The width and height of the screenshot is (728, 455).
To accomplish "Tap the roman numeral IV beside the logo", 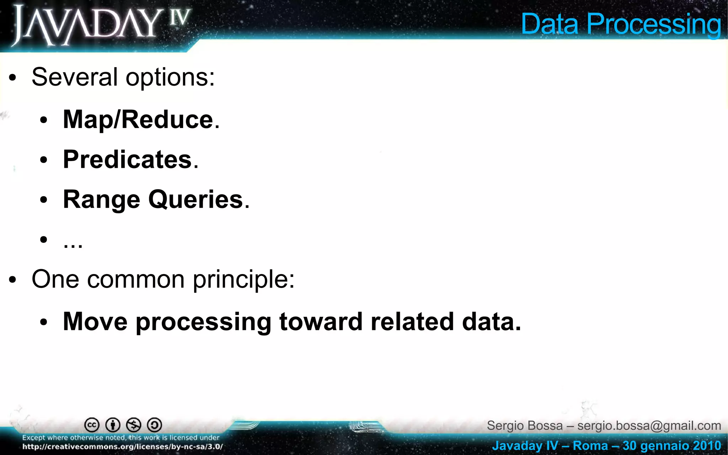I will point(180,18).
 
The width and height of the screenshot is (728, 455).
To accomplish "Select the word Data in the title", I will point(550,24).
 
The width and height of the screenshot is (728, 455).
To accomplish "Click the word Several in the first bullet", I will point(75,77).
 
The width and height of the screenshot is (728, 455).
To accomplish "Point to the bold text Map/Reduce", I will point(138,119).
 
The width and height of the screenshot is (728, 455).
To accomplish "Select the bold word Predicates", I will point(127,159).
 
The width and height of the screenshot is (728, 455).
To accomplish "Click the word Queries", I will point(196,200).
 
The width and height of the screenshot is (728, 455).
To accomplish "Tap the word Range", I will point(102,200).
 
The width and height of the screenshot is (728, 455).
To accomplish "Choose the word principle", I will point(243,279).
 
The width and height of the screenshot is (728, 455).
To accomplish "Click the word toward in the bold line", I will point(321,321).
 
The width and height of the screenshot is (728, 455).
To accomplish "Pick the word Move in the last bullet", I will point(95,321).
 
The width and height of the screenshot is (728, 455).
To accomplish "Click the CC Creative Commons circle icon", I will point(92,425).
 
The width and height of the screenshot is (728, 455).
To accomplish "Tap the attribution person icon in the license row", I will point(113,425).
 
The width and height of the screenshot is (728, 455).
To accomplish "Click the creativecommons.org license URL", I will point(122,447).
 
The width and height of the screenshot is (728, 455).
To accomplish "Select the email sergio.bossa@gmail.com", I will point(649,425).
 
